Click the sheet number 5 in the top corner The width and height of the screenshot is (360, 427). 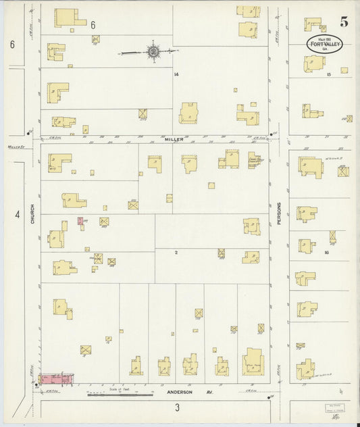click(x=344, y=21)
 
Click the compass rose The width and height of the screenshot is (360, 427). click(x=154, y=51)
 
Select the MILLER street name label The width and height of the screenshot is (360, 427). click(x=174, y=139)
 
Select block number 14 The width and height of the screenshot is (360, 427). click(x=176, y=74)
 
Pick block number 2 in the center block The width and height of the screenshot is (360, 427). click(x=176, y=253)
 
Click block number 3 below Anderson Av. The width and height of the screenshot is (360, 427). click(x=177, y=407)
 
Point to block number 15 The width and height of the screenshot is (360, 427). click(x=328, y=74)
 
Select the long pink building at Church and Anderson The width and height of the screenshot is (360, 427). click(x=55, y=379)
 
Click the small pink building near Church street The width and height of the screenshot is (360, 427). click(x=80, y=221)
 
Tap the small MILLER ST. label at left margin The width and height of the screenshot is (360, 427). click(x=16, y=145)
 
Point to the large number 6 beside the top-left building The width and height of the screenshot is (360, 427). click(x=92, y=24)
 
